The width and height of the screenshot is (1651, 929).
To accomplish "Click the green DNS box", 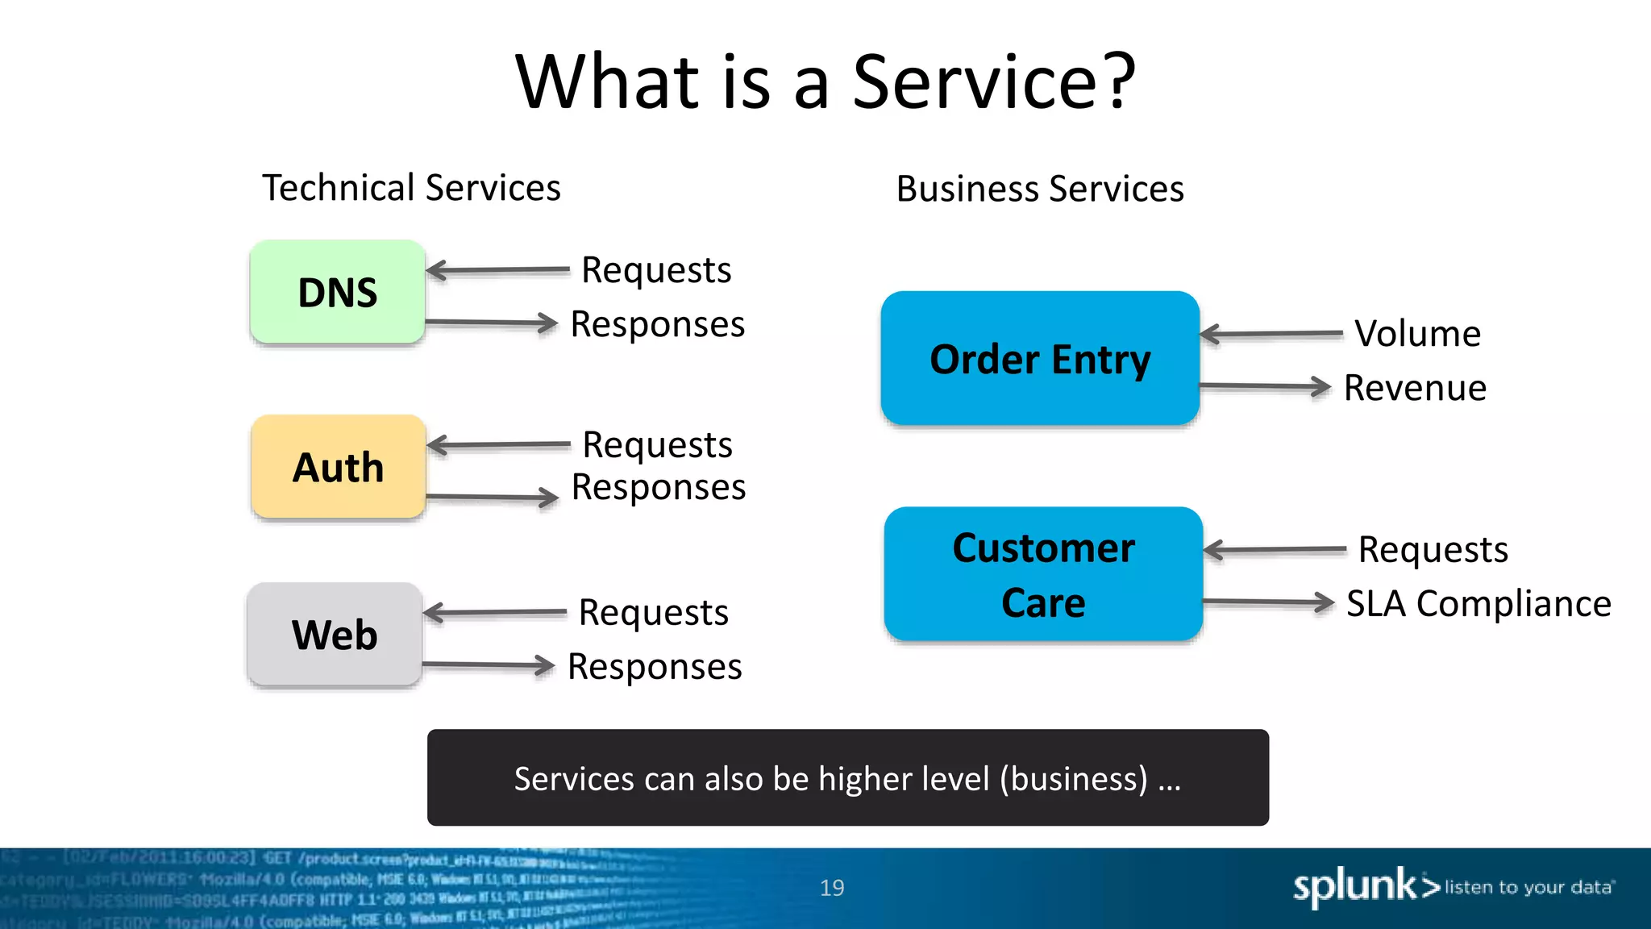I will click(x=337, y=292).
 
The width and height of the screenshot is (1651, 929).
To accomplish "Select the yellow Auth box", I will click(x=338, y=467).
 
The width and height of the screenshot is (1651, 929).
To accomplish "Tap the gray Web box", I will click(x=335, y=635).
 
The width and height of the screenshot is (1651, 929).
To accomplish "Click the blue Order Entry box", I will click(x=1040, y=359).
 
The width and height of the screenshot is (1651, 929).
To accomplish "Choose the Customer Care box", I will click(x=1043, y=574).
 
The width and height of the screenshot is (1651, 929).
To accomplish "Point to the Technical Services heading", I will click(x=411, y=188).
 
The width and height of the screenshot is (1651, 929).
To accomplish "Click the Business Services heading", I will click(x=1040, y=190).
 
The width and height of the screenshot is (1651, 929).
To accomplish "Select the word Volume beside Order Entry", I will click(x=1417, y=333).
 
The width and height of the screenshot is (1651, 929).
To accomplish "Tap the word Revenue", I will click(x=1415, y=388).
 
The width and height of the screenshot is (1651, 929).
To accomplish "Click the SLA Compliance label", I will click(x=1478, y=603).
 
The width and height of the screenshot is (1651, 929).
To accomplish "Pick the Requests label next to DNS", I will click(x=656, y=270).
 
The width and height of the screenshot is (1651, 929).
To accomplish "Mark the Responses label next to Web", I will click(x=655, y=667).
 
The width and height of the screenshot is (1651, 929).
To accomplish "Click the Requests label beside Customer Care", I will click(x=1433, y=550).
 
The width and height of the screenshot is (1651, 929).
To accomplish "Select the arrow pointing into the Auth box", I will click(x=498, y=444).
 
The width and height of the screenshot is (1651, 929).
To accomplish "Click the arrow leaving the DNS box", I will click(x=492, y=323).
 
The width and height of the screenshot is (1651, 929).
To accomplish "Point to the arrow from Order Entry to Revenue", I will click(x=1266, y=386).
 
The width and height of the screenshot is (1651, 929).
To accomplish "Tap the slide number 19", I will click(x=832, y=888).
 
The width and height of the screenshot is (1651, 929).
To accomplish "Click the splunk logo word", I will click(x=1354, y=886).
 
